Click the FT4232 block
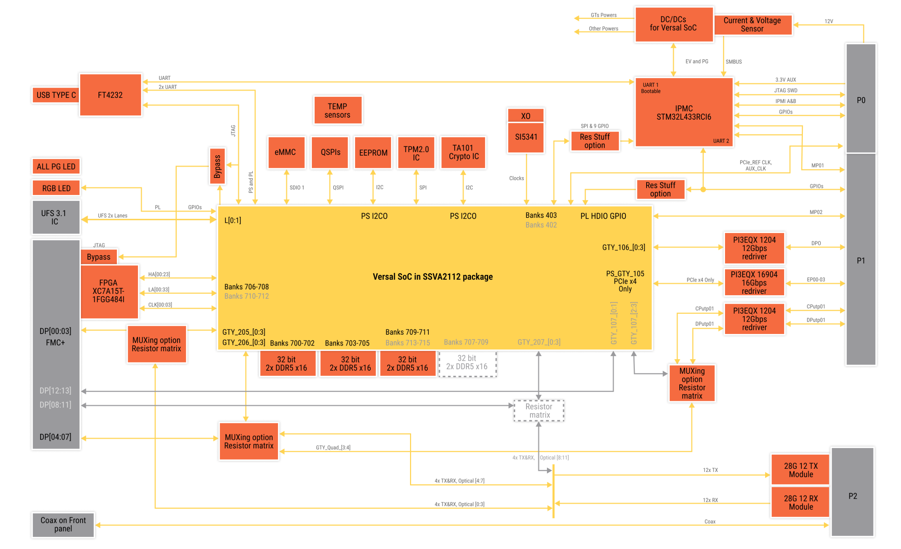110,95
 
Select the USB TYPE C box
56,95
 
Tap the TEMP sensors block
337,111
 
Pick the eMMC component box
285,152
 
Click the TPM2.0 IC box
416,153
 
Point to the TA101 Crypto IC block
463,152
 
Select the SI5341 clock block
526,137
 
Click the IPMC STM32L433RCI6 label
683,113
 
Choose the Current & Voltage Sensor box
752,25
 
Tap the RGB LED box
56,188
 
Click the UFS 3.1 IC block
55,217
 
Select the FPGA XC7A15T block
109,291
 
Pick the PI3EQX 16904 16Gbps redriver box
754,283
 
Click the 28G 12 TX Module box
800,470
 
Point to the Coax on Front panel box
63,524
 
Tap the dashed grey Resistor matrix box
539,410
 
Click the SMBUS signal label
733,62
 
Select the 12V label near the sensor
828,21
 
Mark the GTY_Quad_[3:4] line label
333,447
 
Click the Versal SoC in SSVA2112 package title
433,277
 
